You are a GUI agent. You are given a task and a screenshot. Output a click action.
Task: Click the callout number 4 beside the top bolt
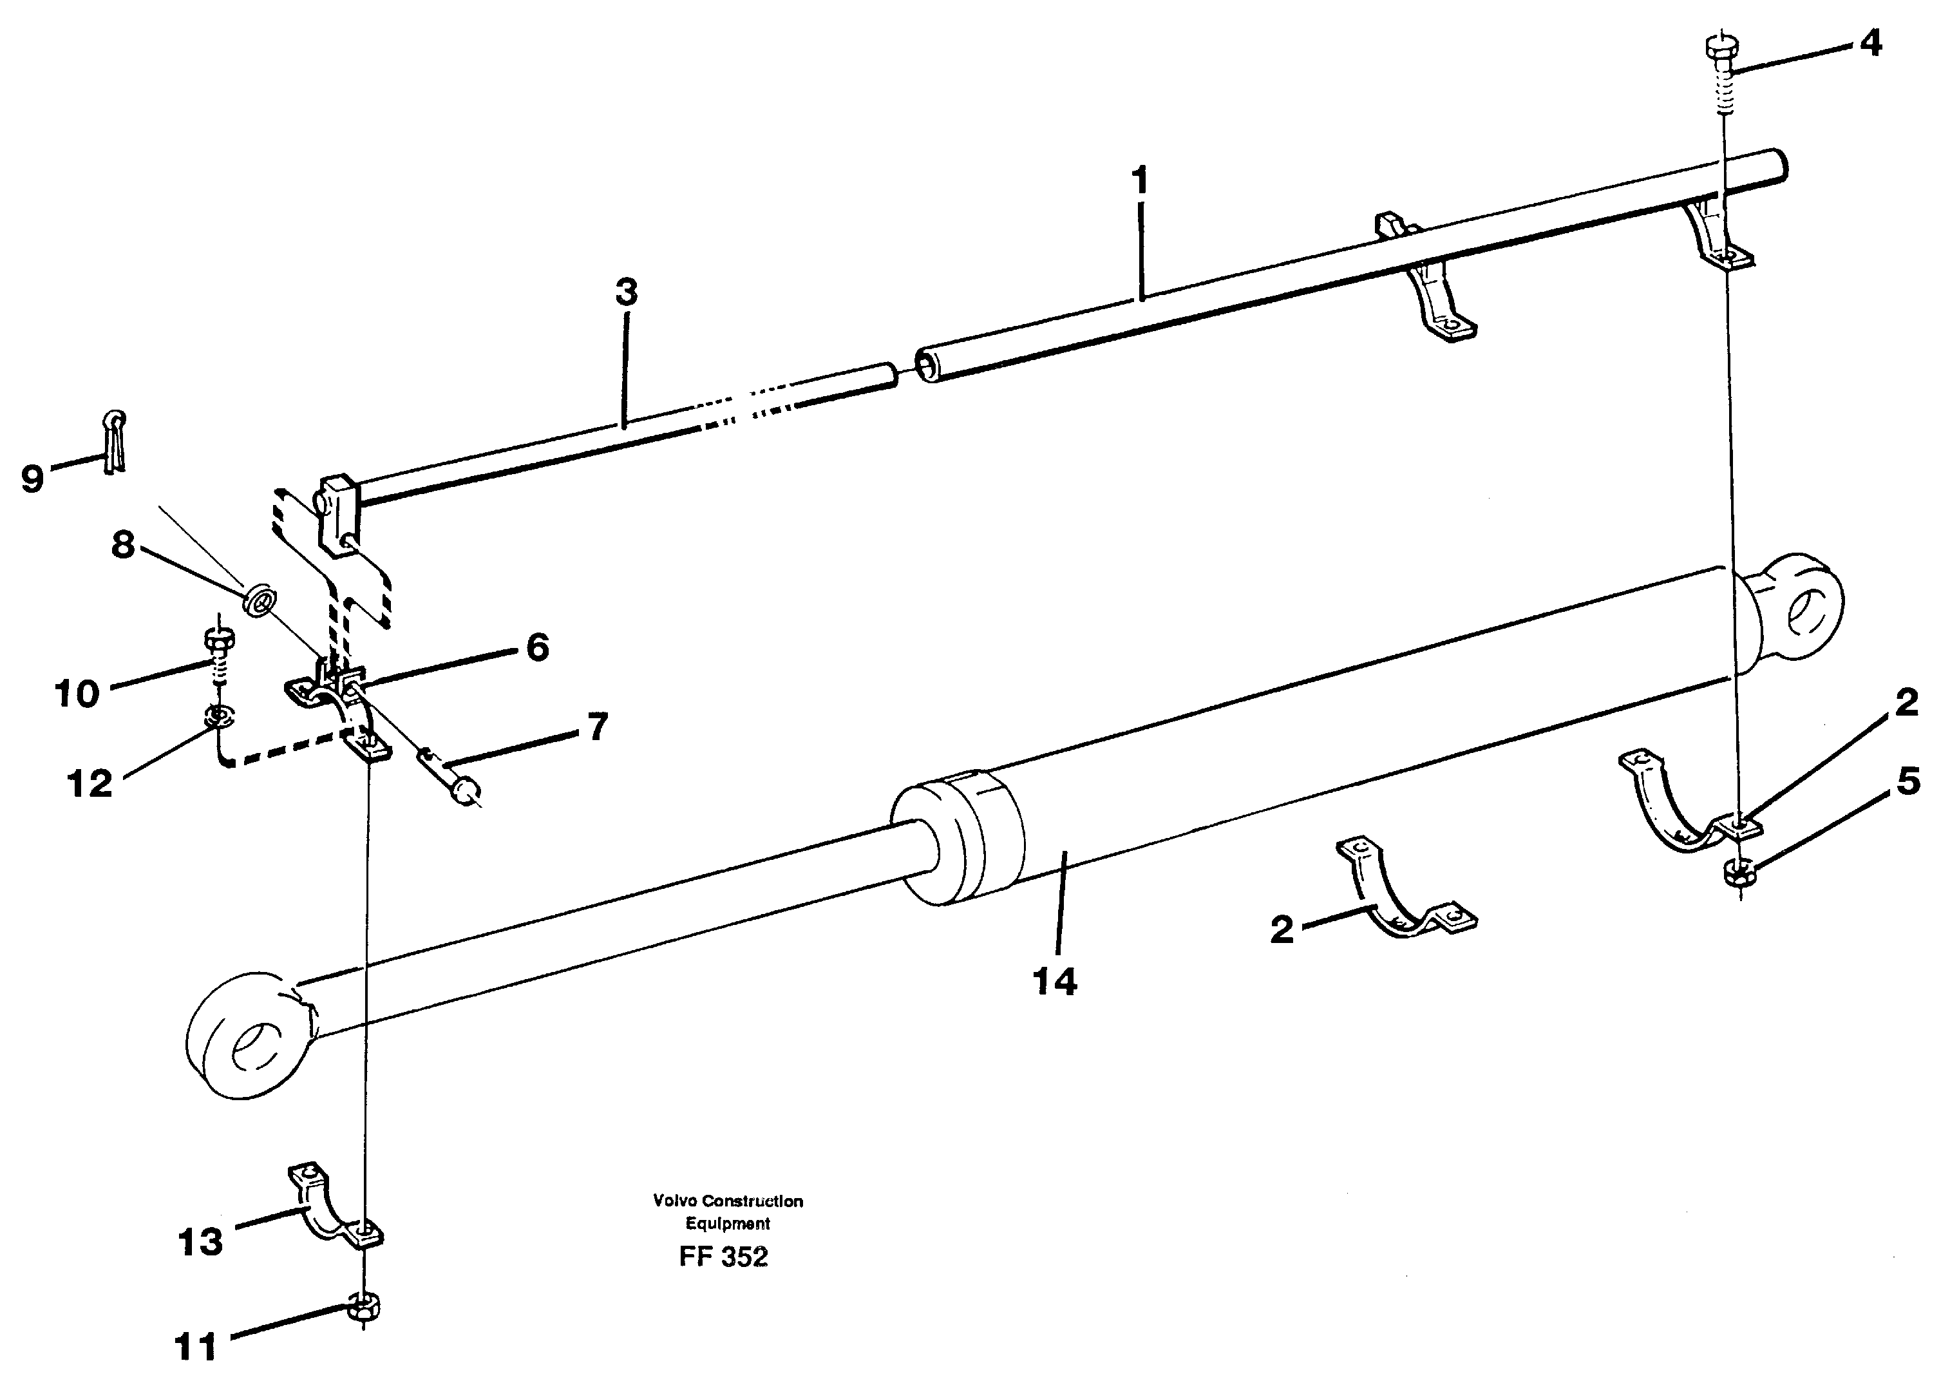point(1870,43)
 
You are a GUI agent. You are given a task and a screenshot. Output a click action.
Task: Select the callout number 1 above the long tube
point(1140,181)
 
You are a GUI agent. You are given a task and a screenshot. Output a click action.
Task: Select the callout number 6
point(537,647)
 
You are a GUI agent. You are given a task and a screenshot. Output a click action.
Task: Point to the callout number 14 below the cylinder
point(1055,982)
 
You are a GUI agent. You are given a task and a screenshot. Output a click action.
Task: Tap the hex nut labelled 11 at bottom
point(364,1309)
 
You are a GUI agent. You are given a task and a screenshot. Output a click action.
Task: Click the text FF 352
point(723,1257)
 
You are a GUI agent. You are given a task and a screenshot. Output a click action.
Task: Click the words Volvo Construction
point(728,1201)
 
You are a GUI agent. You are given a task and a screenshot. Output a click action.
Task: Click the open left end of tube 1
point(927,366)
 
